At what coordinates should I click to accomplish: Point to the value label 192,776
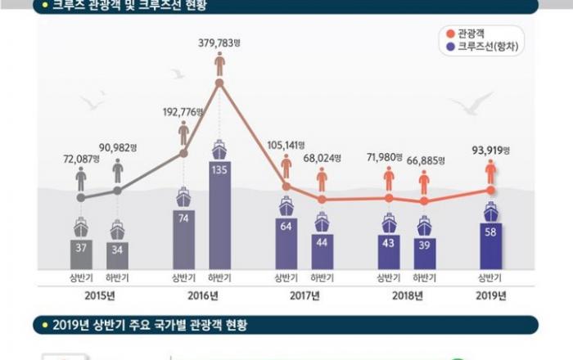pyautogui.click(x=183, y=111)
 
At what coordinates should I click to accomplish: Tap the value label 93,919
pyautogui.click(x=489, y=151)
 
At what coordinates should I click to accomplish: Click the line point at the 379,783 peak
pyautogui.click(x=219, y=82)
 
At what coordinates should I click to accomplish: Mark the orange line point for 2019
pyautogui.click(x=490, y=190)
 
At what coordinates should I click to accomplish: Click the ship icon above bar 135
pyautogui.click(x=219, y=149)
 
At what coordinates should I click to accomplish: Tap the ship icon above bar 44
pyautogui.click(x=323, y=221)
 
